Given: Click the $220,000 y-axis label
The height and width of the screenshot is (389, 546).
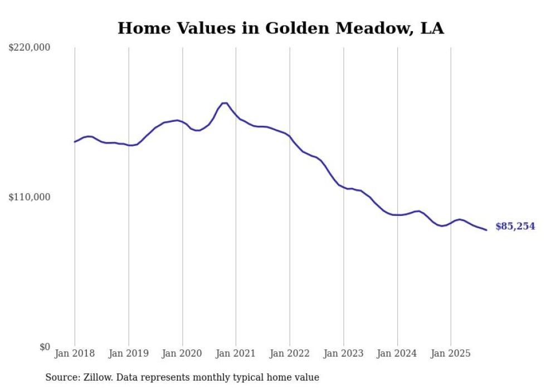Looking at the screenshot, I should (x=30, y=48).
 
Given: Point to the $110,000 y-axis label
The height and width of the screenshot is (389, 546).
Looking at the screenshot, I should (x=30, y=197).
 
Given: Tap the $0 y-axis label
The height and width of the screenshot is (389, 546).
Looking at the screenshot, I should (x=45, y=347).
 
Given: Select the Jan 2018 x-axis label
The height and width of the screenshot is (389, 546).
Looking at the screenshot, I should (x=75, y=353).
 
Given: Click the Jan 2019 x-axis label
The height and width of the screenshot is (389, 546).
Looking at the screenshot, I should (x=129, y=353).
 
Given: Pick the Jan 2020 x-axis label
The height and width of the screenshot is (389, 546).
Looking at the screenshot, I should (x=182, y=353).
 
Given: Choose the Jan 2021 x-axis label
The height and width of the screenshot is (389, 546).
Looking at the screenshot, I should (x=236, y=353).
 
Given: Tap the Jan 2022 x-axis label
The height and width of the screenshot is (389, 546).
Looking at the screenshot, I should (x=290, y=353).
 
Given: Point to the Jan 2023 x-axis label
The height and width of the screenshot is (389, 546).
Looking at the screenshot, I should (x=343, y=353).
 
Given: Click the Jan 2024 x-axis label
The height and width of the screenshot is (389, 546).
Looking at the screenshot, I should (x=397, y=353).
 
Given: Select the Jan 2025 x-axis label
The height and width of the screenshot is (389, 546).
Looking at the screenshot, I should (x=451, y=353).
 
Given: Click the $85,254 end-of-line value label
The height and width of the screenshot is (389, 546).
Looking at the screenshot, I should (x=515, y=226).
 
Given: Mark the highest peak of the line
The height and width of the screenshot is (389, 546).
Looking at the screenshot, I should (x=225, y=103).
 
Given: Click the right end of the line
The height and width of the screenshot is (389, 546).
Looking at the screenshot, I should (x=486, y=230).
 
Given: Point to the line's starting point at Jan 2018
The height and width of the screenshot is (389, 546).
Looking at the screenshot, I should (x=75, y=142).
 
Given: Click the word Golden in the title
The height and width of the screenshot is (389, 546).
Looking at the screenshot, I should (x=295, y=28).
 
